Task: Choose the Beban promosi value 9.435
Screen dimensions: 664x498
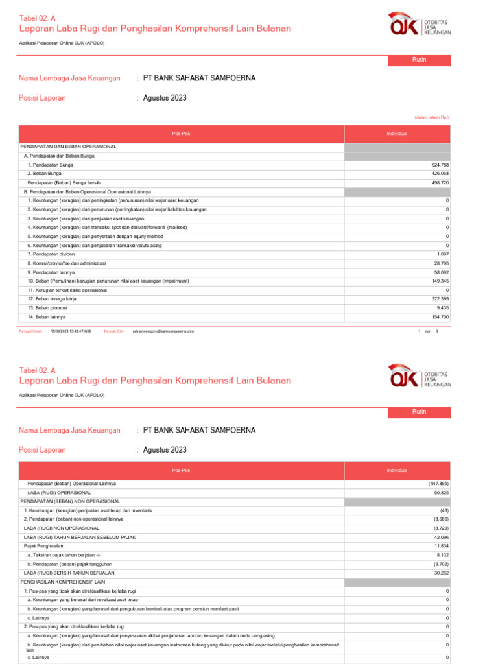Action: point(443,308)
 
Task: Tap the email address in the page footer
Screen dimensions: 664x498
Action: point(163,331)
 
